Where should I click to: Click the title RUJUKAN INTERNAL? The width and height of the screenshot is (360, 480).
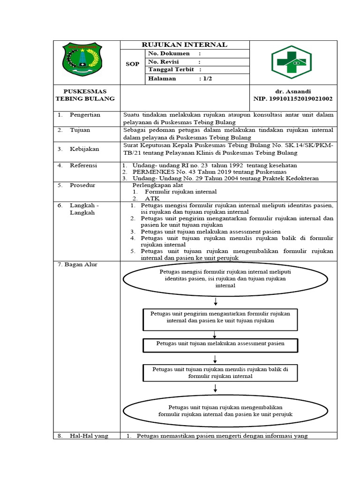point(185,45)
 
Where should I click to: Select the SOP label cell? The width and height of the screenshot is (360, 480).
point(133,64)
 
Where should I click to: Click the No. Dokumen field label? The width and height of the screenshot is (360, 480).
point(169,53)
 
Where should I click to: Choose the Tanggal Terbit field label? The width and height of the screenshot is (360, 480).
point(171,70)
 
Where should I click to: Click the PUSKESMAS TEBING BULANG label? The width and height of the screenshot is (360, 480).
point(85,95)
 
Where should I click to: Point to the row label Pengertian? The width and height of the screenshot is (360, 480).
point(88,115)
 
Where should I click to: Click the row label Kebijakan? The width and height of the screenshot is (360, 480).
point(88,149)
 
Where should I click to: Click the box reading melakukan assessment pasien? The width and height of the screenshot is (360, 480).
point(220,344)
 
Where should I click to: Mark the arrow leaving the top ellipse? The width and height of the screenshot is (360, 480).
point(215,300)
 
